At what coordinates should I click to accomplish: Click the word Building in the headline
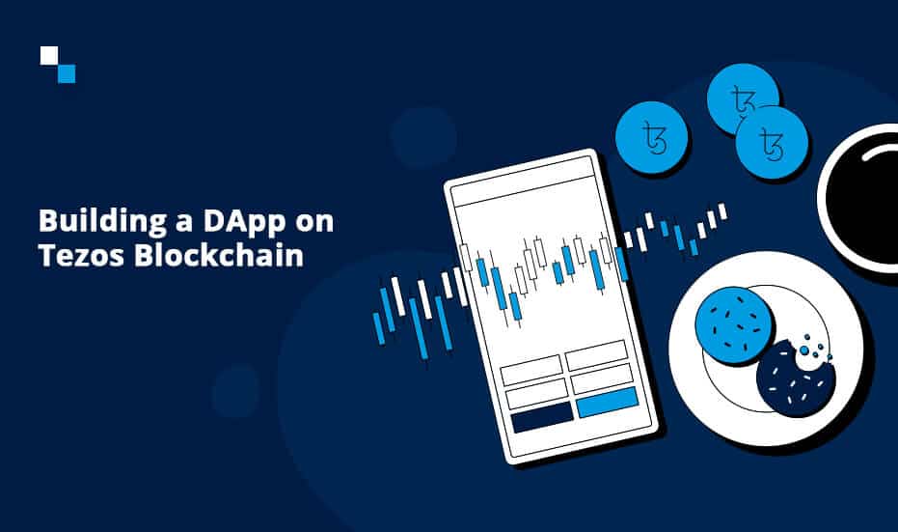tap(102, 222)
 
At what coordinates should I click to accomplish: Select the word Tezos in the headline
tap(81, 255)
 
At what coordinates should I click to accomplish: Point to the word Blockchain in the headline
tap(219, 255)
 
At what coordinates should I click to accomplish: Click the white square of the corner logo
tap(49, 56)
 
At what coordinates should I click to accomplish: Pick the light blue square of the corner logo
tap(67, 74)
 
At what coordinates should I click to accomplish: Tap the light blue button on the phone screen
tap(607, 402)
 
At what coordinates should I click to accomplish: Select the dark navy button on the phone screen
tap(542, 417)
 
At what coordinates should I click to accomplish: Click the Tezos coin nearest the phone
tap(652, 137)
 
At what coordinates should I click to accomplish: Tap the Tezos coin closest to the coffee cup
tap(772, 142)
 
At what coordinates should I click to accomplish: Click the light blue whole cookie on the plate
tap(734, 325)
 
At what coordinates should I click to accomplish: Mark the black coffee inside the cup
tap(865, 198)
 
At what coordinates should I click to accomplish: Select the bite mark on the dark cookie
tap(812, 355)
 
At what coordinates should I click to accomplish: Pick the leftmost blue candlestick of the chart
tap(378, 328)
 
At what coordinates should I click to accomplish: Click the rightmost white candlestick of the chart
tap(722, 210)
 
